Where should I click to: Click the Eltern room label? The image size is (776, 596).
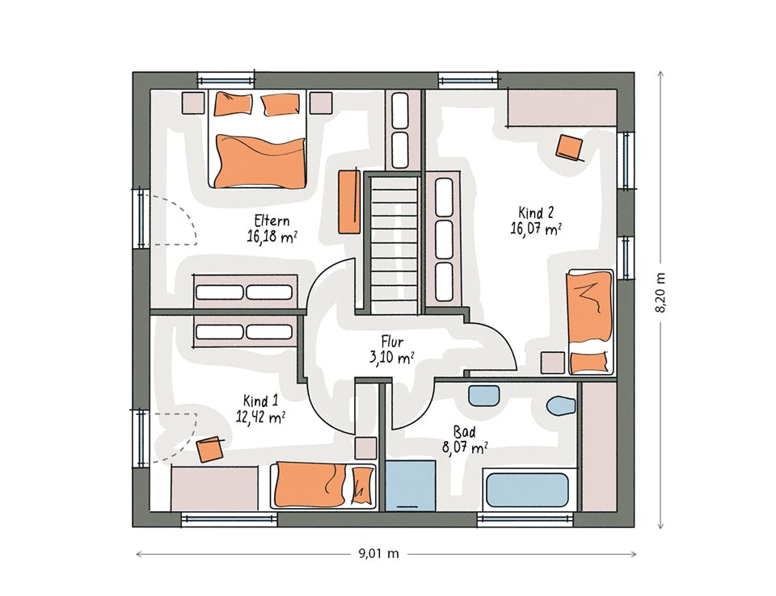click(272, 220)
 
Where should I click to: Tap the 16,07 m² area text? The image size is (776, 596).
click(536, 229)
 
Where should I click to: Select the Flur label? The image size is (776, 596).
click(392, 342)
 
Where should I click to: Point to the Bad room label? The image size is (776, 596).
click(464, 432)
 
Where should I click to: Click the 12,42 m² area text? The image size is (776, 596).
click(260, 417)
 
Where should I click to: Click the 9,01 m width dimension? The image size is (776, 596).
click(378, 553)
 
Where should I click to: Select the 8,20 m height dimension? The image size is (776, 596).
click(660, 292)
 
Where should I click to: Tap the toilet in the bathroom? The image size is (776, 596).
click(562, 405)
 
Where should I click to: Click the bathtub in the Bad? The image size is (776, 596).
click(528, 489)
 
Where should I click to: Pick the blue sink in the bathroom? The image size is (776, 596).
click(483, 396)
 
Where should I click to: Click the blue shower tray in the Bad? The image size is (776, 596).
click(411, 485)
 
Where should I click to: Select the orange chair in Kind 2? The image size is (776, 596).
click(570, 148)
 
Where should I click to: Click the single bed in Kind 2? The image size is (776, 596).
click(590, 322)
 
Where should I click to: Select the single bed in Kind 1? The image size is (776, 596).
click(323, 486)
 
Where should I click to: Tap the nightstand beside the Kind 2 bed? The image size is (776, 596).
click(552, 363)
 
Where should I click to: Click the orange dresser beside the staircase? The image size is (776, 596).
click(349, 201)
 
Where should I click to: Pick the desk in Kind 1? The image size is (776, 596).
click(214, 488)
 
